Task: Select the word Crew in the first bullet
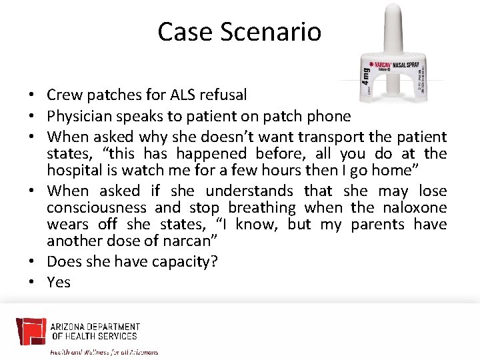pyautogui.click(x=64, y=95)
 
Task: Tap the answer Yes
pyautogui.click(x=59, y=282)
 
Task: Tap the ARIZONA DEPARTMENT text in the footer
pyautogui.click(x=95, y=327)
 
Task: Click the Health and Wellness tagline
pyautogui.click(x=105, y=351)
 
